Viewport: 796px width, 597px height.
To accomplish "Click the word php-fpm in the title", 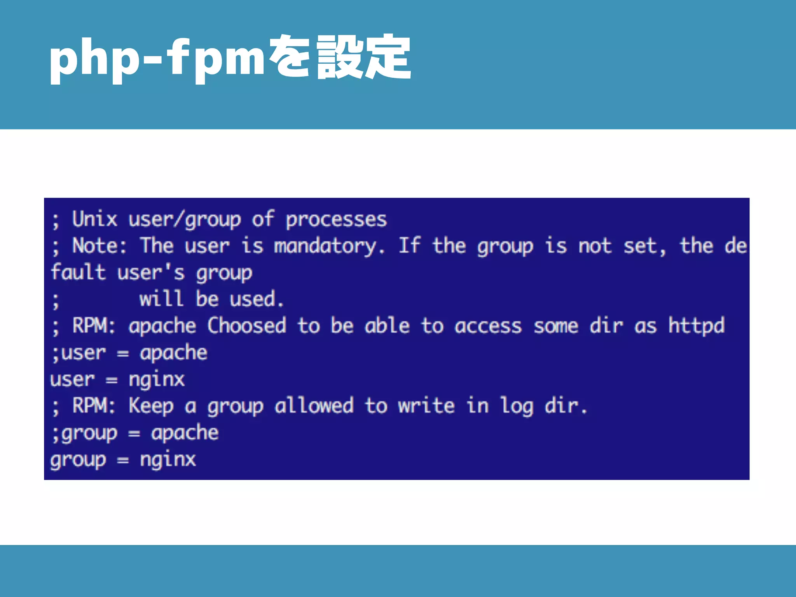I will (x=157, y=58).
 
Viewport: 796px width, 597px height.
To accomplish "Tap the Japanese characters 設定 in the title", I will (x=363, y=57).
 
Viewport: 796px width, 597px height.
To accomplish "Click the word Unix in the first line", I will (x=94, y=219).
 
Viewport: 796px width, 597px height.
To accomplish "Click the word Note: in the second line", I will (x=99, y=246).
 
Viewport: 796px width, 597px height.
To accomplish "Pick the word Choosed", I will (x=246, y=326).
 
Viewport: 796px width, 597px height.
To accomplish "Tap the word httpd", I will (x=696, y=326).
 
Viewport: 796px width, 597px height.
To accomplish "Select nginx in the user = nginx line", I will (x=157, y=380).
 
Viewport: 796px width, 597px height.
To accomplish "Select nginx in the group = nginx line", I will (x=168, y=460).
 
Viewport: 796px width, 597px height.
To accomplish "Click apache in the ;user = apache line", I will (x=173, y=353).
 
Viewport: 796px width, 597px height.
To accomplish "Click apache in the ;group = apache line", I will (x=185, y=433).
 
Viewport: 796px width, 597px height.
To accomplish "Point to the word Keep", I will (x=151, y=406).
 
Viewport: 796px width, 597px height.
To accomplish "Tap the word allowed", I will (x=314, y=406).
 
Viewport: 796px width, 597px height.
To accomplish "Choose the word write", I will (x=426, y=406).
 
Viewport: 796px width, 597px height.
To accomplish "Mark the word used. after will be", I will (x=257, y=299).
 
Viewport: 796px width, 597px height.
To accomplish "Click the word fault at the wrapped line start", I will (x=78, y=272).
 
